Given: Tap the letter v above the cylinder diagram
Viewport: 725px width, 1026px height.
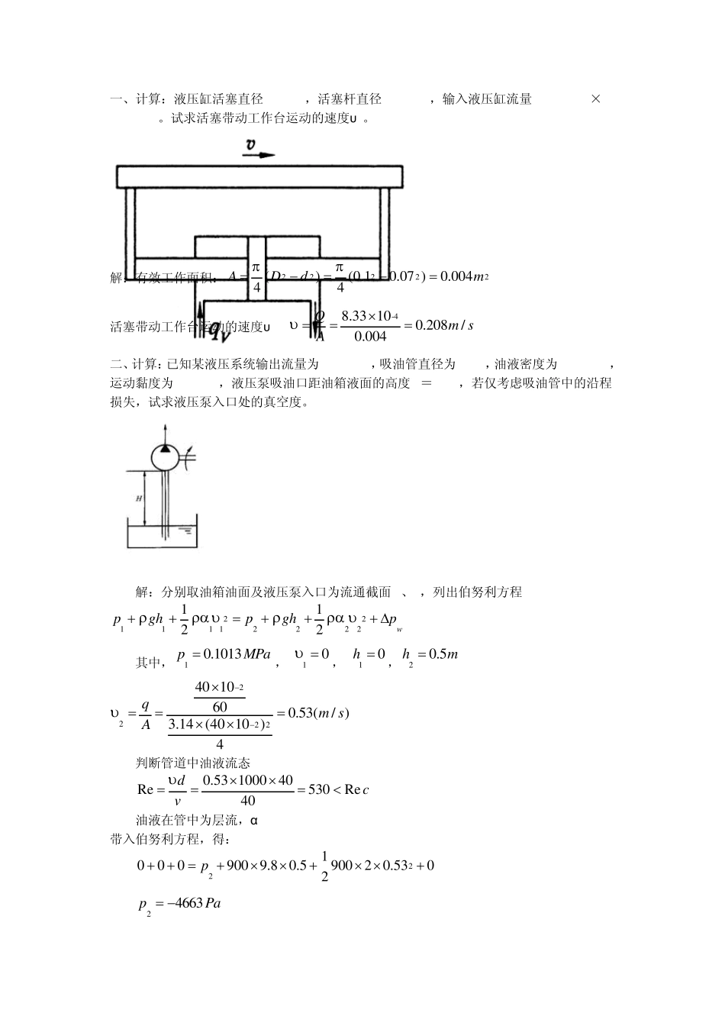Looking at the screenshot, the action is click(251, 144).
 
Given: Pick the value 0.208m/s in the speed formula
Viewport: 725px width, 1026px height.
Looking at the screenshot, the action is click(438, 325).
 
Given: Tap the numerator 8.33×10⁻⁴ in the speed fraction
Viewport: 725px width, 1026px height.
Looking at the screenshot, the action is click(365, 315).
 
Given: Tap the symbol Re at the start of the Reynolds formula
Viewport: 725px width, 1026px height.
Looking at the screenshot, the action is click(146, 789).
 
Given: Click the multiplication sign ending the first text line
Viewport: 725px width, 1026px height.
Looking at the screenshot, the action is click(596, 99).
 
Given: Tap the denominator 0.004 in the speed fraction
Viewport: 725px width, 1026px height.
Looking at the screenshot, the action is click(371, 336).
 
